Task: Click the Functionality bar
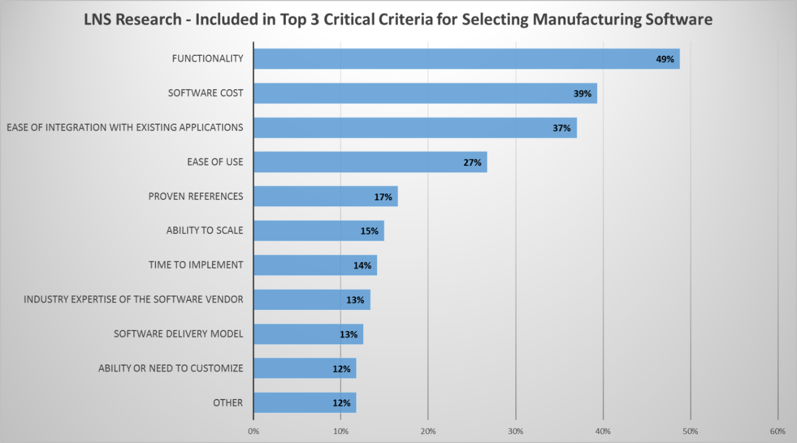[x=466, y=59]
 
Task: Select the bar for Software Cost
[x=425, y=93]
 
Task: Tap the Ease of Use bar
[x=370, y=162]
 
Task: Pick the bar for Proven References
[x=325, y=197]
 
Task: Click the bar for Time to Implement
[x=315, y=265]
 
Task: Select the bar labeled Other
[x=304, y=402]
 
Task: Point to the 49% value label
[x=665, y=59]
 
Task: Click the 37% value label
[x=561, y=128]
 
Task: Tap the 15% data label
[x=369, y=231]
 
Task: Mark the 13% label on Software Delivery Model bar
[x=348, y=334]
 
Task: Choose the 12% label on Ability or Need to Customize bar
[x=341, y=369]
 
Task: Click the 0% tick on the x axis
[x=253, y=431]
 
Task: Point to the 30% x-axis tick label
[x=516, y=431]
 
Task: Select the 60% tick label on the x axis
[x=778, y=431]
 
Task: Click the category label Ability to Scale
[x=204, y=230]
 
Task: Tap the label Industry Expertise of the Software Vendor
[x=133, y=299]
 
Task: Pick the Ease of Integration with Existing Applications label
[x=125, y=128]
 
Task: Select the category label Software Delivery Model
[x=178, y=334]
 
